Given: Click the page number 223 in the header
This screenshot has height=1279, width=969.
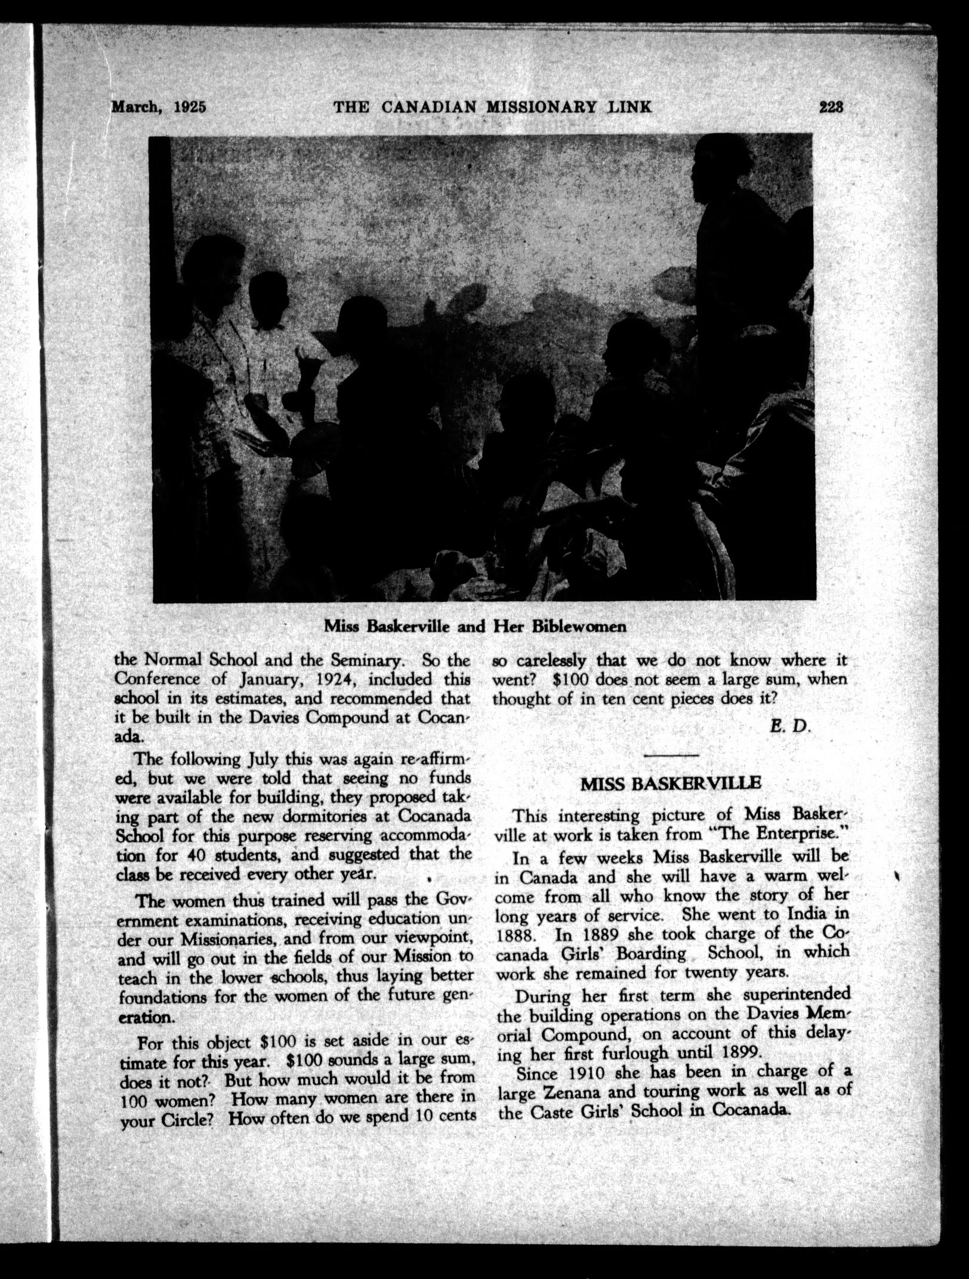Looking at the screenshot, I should click(831, 108).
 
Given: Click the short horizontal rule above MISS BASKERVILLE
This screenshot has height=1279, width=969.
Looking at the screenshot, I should click(671, 756).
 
